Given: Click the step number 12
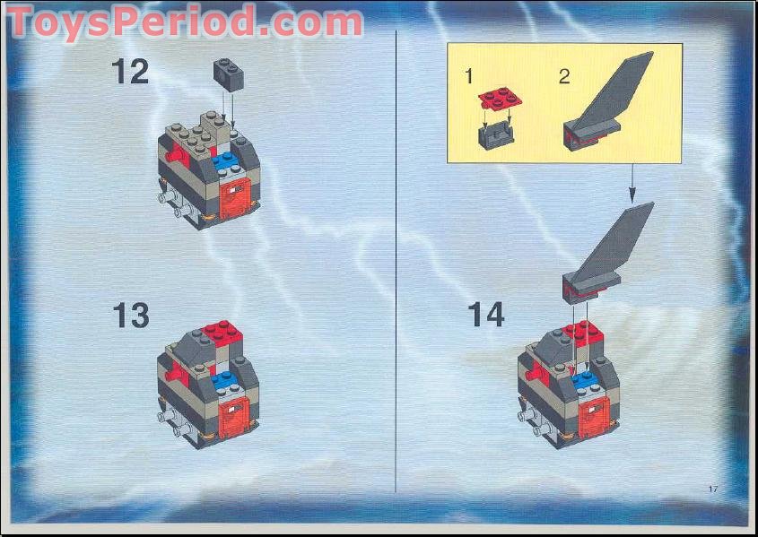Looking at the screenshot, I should (130, 71).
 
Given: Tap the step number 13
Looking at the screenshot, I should (130, 315).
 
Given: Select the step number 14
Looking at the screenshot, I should (485, 315).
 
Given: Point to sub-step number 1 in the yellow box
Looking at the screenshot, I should (468, 76).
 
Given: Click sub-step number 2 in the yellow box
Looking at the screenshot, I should (563, 76).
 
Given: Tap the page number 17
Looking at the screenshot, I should (713, 489).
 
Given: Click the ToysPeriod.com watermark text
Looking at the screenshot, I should (184, 22).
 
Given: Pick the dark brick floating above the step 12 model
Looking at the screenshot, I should (229, 72).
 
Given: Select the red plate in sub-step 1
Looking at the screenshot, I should (495, 100).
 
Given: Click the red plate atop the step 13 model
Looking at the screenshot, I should (222, 333).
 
